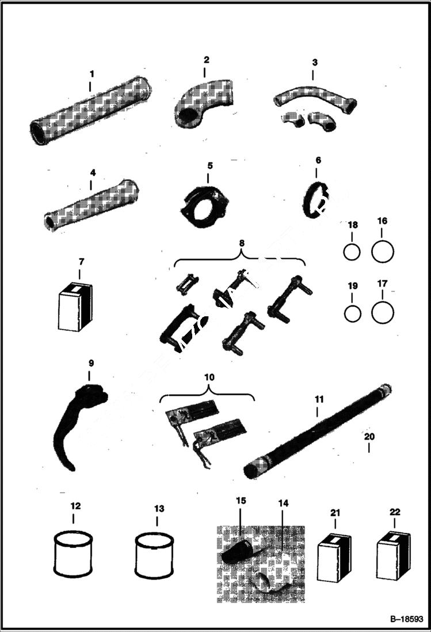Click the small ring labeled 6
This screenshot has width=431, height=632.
pyautogui.click(x=315, y=199)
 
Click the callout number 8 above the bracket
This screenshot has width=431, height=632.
pyautogui.click(x=242, y=243)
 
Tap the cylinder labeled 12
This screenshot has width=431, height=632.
pyautogui.click(x=73, y=554)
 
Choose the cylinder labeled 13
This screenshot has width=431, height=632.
pyautogui.click(x=154, y=555)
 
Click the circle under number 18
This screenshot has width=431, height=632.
pyautogui.click(x=352, y=252)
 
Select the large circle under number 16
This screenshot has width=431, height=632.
pyautogui.click(x=383, y=251)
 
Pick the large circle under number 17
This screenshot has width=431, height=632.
pyautogui.click(x=383, y=312)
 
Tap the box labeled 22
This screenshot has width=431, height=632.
pyautogui.click(x=393, y=555)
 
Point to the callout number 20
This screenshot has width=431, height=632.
pyautogui.click(x=368, y=437)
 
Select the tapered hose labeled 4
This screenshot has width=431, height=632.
pyautogui.click(x=91, y=205)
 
